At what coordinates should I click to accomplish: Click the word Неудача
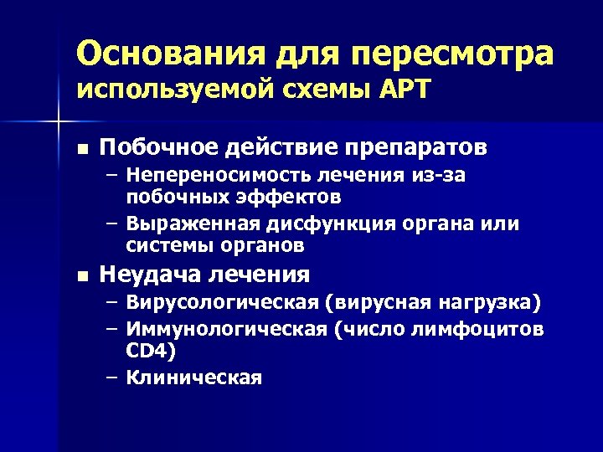pos(146,274)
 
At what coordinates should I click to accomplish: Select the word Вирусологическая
pos(215,302)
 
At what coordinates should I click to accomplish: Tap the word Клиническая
pos(193,378)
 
